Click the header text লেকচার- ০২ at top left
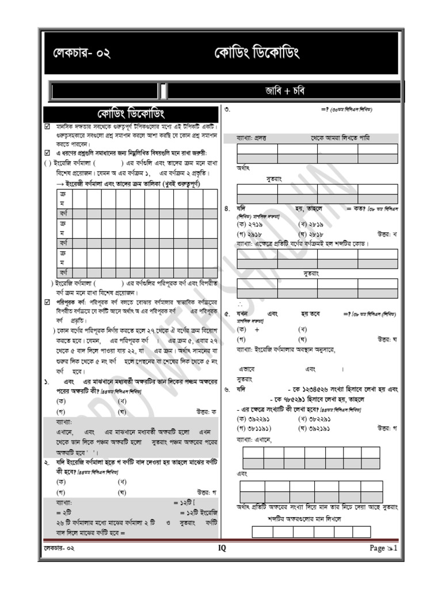pyautogui.click(x=80, y=53)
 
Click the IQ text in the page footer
pyautogui.click(x=222, y=548)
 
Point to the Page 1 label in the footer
pyautogui.click(x=383, y=548)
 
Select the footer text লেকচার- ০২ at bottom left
pyautogui.click(x=60, y=548)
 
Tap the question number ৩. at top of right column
pyautogui.click(x=228, y=109)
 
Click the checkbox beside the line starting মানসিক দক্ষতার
pyautogui.click(x=48, y=125)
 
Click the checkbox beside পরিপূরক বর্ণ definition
pyautogui.click(x=48, y=301)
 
